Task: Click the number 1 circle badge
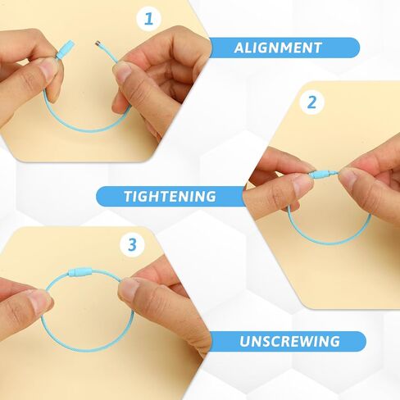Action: [148, 19]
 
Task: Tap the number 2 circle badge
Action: [311, 102]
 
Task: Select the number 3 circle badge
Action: [132, 244]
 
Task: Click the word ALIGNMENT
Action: [278, 48]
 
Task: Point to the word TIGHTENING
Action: [170, 196]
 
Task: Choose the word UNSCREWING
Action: [289, 341]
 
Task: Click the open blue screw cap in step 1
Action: [66, 48]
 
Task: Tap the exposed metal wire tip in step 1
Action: [98, 43]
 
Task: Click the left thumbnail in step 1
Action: [47, 68]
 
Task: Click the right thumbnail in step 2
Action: [347, 178]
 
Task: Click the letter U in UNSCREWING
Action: [244, 342]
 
